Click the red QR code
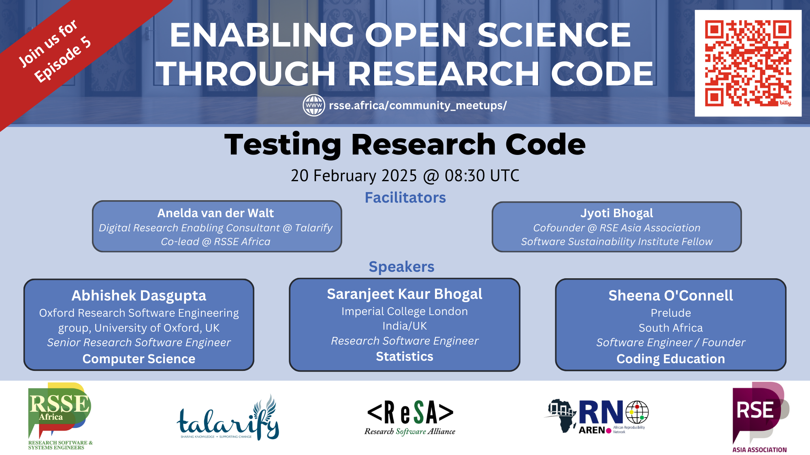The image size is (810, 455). tap(748, 63)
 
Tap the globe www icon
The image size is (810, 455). tap(313, 106)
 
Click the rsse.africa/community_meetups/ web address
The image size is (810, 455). tap(418, 106)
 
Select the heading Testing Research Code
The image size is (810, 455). tap(405, 144)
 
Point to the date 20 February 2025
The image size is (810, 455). tap(354, 176)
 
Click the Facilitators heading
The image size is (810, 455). tap(405, 197)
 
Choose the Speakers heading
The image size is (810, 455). tap(401, 267)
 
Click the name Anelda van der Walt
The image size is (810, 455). tap(215, 213)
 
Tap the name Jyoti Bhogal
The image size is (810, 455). tap(616, 213)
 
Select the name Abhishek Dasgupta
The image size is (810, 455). tap(139, 296)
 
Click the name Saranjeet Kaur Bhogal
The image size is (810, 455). tap(405, 294)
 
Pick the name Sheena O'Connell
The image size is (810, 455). tap(671, 296)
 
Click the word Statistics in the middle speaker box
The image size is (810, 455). tap(405, 356)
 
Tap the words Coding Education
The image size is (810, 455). tap(671, 359)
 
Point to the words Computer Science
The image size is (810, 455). tap(139, 359)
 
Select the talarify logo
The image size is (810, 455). tap(228, 419)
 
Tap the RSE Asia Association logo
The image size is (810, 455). tap(759, 417)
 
